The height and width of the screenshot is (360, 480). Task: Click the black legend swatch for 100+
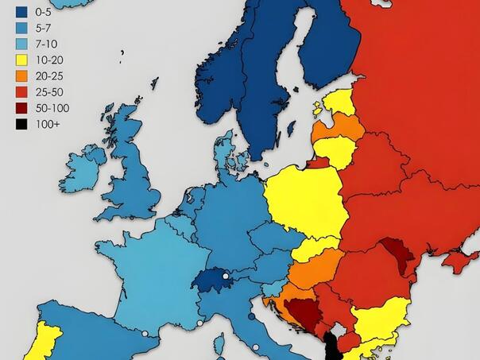21,123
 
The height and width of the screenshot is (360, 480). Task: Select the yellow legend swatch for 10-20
21,60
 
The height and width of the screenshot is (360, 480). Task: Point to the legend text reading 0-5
43,12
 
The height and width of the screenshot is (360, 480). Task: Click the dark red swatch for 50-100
21,107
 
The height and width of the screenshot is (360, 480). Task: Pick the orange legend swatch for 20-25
21,75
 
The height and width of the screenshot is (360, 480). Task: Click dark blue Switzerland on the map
215,279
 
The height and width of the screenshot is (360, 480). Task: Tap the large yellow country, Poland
302,203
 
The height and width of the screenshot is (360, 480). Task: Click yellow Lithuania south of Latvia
334,150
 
